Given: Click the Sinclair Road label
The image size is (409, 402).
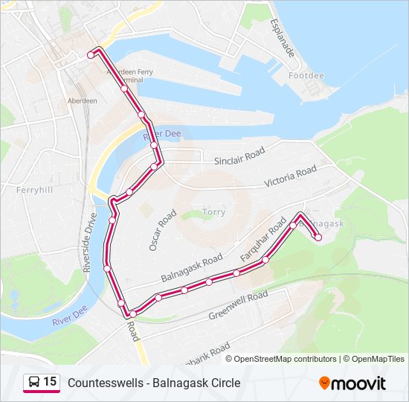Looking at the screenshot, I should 239,156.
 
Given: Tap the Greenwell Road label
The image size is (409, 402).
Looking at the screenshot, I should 237,305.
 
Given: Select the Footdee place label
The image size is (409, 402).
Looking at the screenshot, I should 306,76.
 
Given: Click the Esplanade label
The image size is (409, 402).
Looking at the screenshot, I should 283,38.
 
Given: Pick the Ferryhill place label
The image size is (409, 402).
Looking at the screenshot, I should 33,190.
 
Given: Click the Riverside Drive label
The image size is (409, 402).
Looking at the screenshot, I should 91,245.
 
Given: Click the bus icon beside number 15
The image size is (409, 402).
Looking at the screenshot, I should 33,383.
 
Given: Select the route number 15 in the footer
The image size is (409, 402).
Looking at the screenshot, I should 50,382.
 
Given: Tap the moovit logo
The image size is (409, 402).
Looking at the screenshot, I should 352,383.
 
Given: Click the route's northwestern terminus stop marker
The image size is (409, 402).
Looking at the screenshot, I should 91,54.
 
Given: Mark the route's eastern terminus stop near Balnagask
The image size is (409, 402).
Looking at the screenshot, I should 318,237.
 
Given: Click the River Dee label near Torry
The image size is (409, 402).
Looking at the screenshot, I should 162,133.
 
